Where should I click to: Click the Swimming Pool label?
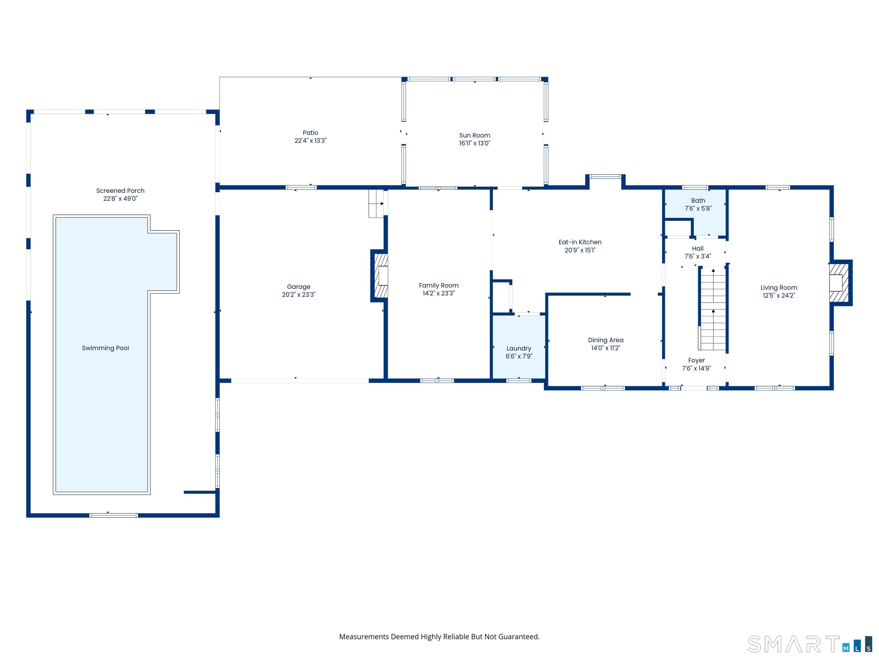pyautogui.click(x=105, y=348)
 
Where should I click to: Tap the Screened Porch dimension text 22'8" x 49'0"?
pyautogui.click(x=120, y=199)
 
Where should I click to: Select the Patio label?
pyautogui.click(x=310, y=133)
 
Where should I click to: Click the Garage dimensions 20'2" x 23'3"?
pyautogui.click(x=299, y=294)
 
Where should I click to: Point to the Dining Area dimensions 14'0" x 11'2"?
pyautogui.click(x=606, y=348)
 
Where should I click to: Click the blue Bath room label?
pyautogui.click(x=698, y=201)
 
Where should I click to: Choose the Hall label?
pyautogui.click(x=698, y=248)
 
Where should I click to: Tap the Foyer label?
pyautogui.click(x=697, y=360)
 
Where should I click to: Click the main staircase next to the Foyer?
pyautogui.click(x=713, y=309)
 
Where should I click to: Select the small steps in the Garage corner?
pyautogui.click(x=376, y=203)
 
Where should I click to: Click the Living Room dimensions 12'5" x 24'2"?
pyautogui.click(x=779, y=295)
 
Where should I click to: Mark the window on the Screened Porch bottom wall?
pyautogui.click(x=114, y=515)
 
